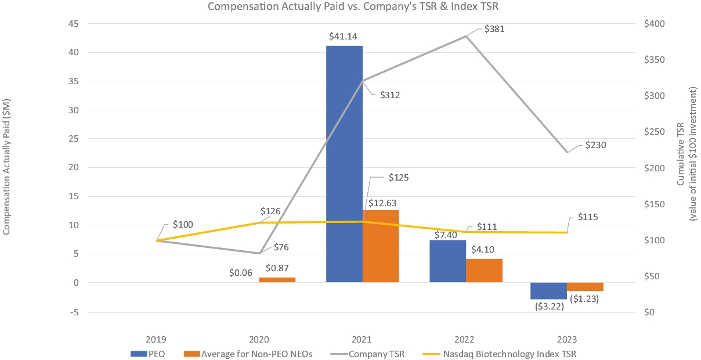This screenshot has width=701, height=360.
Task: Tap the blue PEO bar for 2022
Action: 447,261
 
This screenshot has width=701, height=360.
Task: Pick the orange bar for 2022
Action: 484,271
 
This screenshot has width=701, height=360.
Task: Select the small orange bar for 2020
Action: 277,280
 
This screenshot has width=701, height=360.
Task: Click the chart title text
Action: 354,7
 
